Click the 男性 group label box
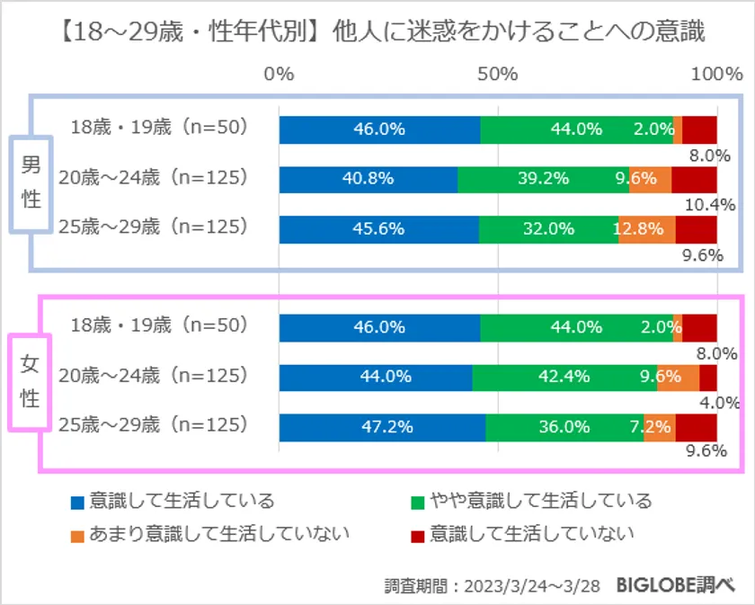(x=31, y=182)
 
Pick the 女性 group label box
(x=31, y=381)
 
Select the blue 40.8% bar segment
(x=369, y=179)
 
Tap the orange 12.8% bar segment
(x=647, y=228)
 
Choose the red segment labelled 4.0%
(x=708, y=378)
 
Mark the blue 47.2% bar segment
(x=382, y=427)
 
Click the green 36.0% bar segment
(x=564, y=427)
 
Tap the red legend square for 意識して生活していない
(x=416, y=534)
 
